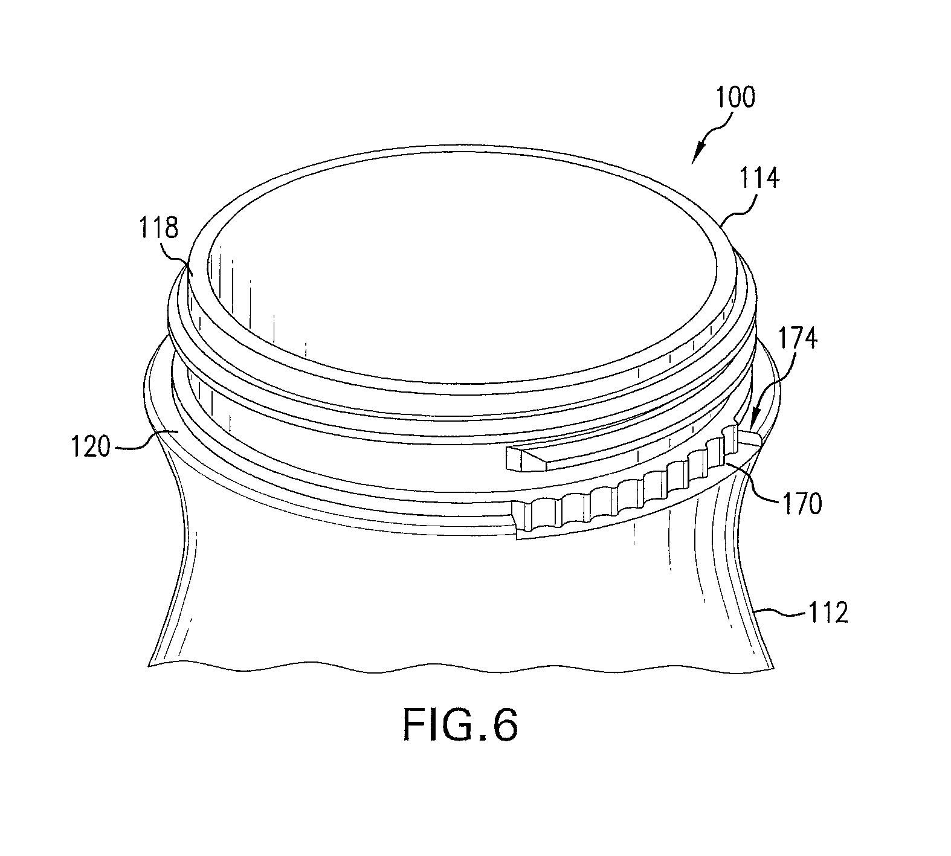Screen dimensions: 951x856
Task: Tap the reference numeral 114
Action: click(x=759, y=179)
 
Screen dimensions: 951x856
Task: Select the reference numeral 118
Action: click(x=160, y=229)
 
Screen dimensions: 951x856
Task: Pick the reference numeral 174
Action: click(x=798, y=339)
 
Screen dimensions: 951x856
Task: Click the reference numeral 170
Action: click(x=802, y=504)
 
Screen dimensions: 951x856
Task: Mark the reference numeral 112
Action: click(x=828, y=613)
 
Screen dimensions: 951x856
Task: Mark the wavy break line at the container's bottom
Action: click(x=461, y=666)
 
